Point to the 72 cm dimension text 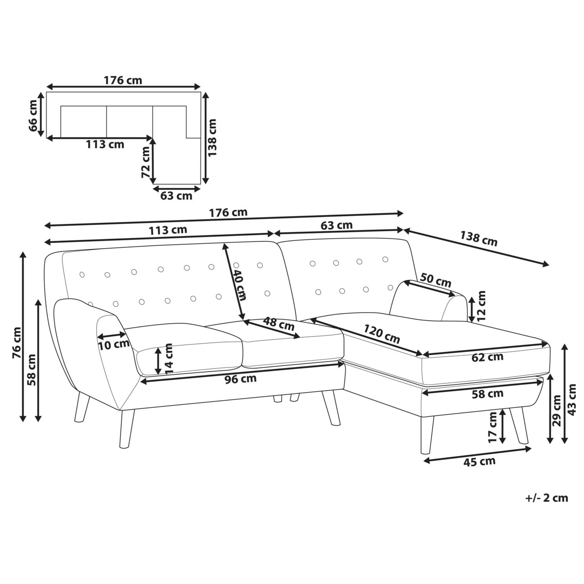(x=146, y=162)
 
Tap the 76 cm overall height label (x=17, y=343)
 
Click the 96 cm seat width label (x=240, y=379)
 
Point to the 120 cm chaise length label (x=382, y=334)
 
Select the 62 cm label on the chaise (x=487, y=357)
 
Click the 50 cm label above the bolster (x=436, y=280)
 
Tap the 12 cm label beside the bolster (x=481, y=306)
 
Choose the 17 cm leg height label (x=493, y=427)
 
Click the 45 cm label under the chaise (x=479, y=462)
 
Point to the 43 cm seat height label (x=571, y=400)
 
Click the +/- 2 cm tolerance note (x=547, y=498)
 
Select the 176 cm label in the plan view (x=123, y=80)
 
